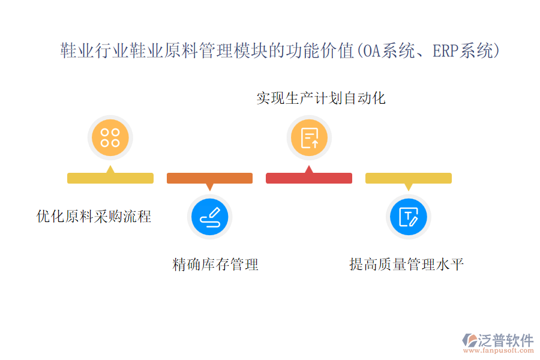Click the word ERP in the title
click(x=446, y=50)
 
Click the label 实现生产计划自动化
click(x=321, y=98)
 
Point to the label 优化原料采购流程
click(x=94, y=217)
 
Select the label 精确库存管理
click(x=215, y=264)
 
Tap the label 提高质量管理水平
click(x=406, y=264)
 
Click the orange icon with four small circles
click(x=110, y=137)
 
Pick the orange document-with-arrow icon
click(x=309, y=137)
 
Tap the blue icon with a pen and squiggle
click(x=210, y=217)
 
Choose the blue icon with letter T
click(x=409, y=217)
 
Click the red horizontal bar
click(x=309, y=178)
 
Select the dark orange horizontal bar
click(x=210, y=178)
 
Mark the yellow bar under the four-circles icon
click(x=110, y=178)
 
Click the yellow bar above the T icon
click(x=409, y=178)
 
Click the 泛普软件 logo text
click(x=506, y=340)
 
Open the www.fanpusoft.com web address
click(x=499, y=350)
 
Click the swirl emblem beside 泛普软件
click(x=470, y=340)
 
